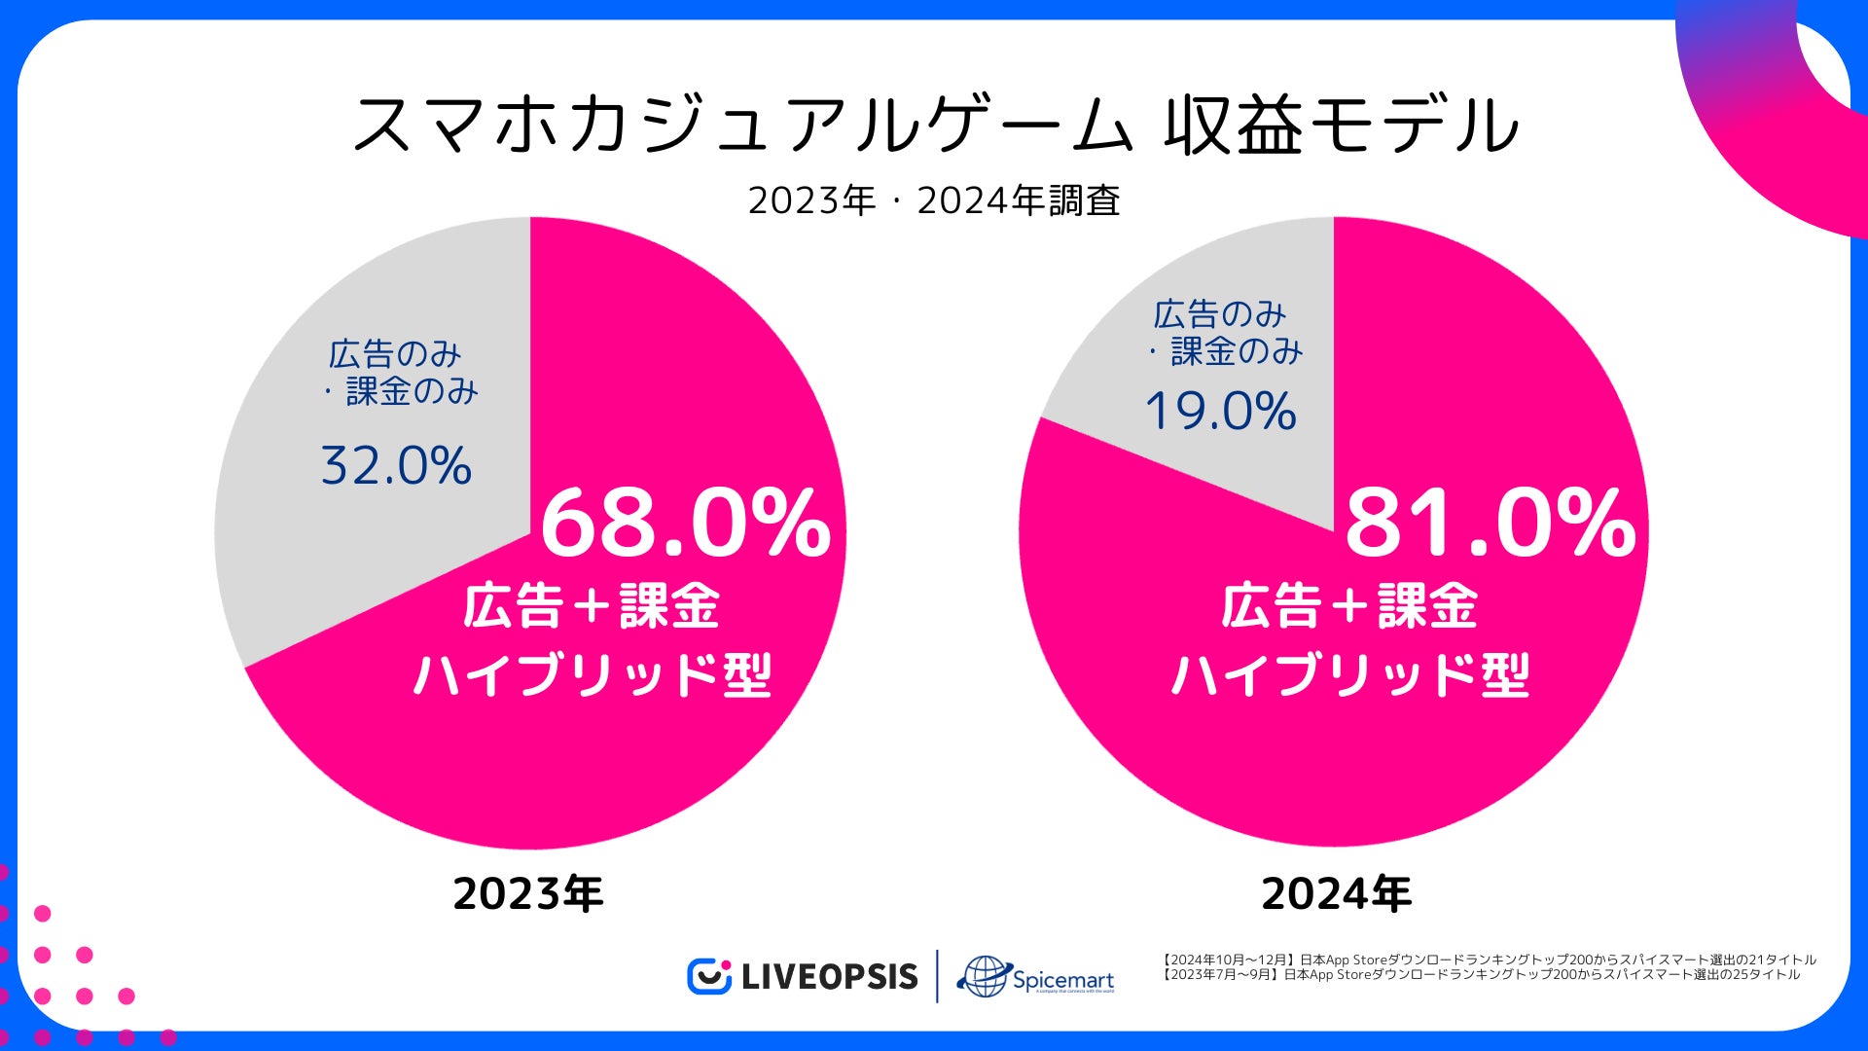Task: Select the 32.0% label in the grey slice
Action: click(396, 466)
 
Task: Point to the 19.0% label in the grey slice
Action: click(1220, 411)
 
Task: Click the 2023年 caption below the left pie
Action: click(527, 893)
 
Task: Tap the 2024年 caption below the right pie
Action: click(1336, 893)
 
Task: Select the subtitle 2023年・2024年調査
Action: click(934, 200)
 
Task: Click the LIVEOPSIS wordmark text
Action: click(829, 977)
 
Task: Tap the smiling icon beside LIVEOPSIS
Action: click(708, 976)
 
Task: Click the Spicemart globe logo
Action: click(983, 976)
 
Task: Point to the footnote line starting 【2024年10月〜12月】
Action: click(1489, 960)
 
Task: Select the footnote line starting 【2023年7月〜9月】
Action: click(1481, 974)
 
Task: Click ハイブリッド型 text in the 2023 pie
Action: click(593, 673)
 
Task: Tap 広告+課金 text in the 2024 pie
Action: click(1349, 606)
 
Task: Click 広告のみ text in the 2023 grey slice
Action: click(394, 353)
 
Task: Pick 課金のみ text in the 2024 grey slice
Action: click(1236, 351)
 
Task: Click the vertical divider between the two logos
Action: click(937, 976)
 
